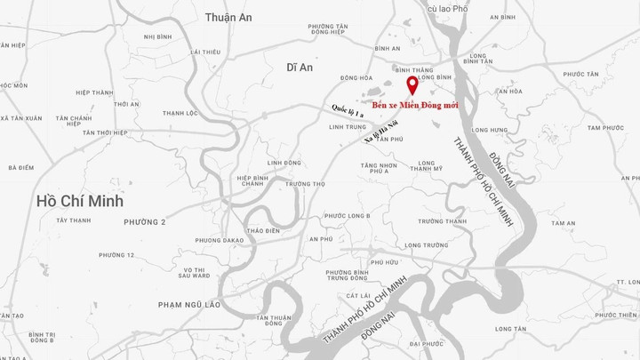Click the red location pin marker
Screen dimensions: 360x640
point(412,84)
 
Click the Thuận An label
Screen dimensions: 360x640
point(228,17)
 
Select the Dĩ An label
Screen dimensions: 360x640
point(300,67)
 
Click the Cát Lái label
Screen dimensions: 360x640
point(358,295)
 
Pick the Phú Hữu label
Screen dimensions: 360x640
point(384,262)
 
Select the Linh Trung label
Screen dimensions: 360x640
point(347,127)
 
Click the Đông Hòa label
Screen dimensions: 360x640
point(356,77)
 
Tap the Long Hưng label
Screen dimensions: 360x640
point(490,131)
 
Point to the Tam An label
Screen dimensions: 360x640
point(563,223)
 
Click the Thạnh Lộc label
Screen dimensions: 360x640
point(180,113)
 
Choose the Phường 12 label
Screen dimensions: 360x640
point(116,255)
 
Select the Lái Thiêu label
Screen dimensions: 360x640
point(204,52)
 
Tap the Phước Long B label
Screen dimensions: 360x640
point(347,216)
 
